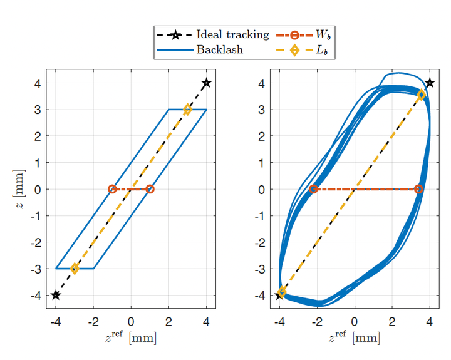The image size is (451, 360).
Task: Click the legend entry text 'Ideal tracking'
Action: [232, 34]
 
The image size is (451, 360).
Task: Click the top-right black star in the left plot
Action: [206, 83]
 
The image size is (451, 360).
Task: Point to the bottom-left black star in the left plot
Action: [56, 295]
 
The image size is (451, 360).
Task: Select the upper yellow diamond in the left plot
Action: [187, 110]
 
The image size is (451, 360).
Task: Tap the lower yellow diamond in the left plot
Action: [75, 269]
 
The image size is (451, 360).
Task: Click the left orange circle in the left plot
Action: [112, 189]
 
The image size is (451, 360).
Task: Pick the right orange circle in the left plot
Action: [150, 189]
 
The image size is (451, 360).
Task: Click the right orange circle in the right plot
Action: [418, 189]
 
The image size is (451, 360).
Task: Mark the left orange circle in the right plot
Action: [313, 189]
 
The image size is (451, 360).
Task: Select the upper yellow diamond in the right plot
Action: [421, 95]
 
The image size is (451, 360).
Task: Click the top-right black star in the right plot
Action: [430, 83]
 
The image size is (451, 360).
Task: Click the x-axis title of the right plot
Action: [355, 338]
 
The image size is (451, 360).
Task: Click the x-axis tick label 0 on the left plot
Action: [131, 322]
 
